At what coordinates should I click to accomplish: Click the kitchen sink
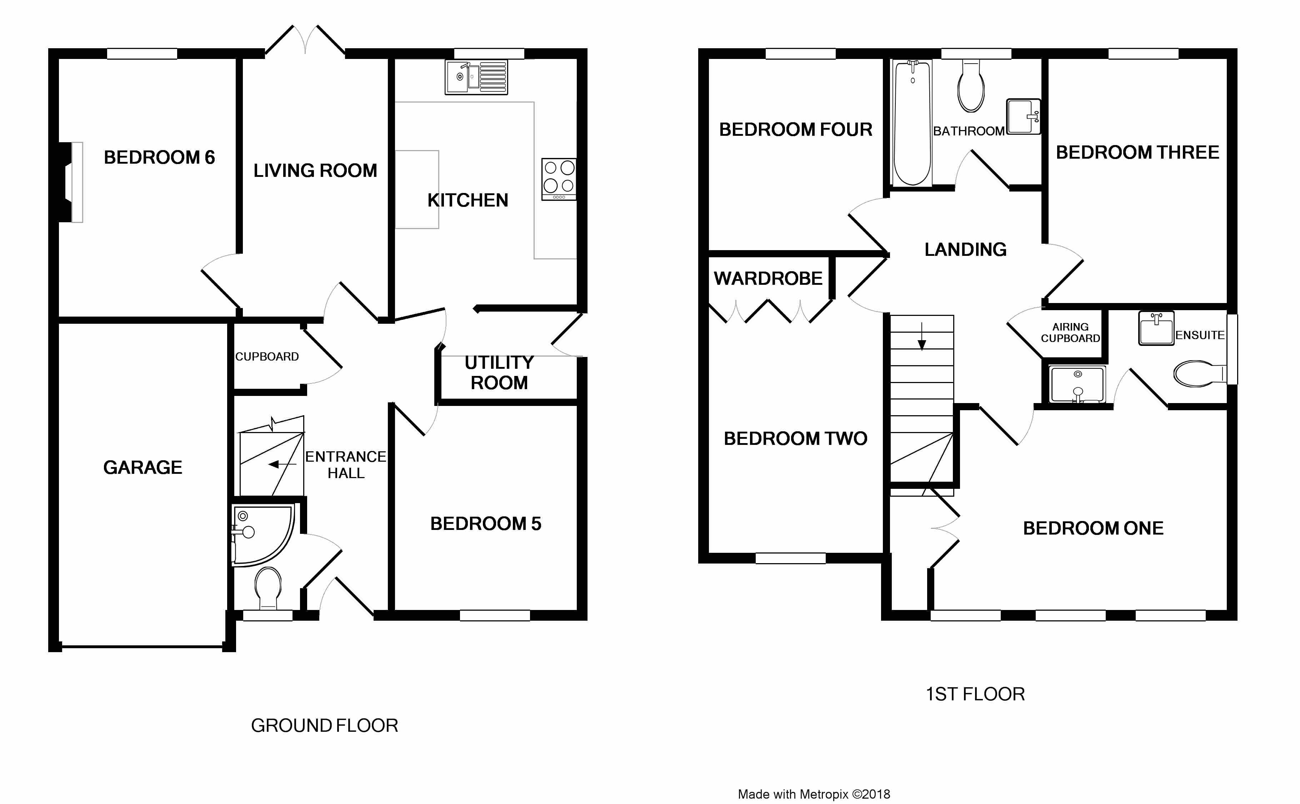tap(476, 77)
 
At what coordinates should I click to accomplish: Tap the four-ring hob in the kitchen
tap(559, 179)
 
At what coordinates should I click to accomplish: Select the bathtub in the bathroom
tap(912, 123)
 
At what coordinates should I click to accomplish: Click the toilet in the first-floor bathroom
tap(971, 86)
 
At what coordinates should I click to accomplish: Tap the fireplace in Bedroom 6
tap(71, 182)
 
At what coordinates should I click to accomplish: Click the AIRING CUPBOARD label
tap(1070, 332)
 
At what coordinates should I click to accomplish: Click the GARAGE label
tap(142, 467)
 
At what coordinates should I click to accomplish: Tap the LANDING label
tap(965, 249)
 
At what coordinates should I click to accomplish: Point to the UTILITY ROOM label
tap(499, 372)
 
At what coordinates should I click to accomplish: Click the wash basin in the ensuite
tap(1156, 328)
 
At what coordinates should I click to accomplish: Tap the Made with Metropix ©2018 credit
tap(814, 794)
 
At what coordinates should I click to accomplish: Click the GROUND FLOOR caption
tap(324, 725)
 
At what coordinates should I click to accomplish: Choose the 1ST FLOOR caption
tap(975, 694)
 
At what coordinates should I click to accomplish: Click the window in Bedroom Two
tap(790, 558)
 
